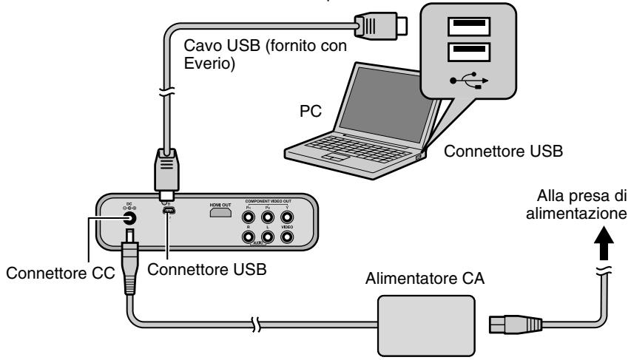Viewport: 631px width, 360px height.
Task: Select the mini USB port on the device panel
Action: (x=169, y=213)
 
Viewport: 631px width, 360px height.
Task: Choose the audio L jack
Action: (x=269, y=237)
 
